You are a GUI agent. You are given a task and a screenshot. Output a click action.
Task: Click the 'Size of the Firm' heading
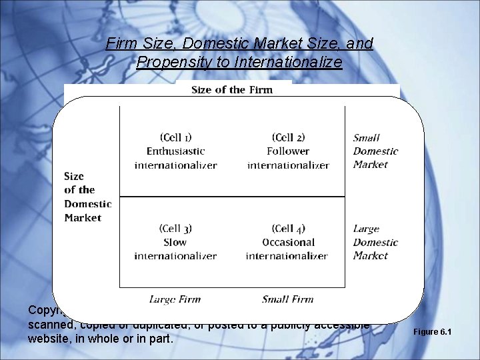(231, 90)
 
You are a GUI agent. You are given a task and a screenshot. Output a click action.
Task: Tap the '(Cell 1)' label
(175, 137)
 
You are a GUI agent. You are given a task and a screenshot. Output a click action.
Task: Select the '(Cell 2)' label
(288, 137)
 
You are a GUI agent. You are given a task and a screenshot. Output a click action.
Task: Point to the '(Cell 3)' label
(175, 229)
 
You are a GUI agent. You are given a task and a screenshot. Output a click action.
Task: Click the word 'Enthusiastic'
(175, 151)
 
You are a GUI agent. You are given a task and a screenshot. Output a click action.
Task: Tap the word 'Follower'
(288, 151)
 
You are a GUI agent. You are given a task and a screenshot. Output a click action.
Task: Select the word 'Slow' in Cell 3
(175, 242)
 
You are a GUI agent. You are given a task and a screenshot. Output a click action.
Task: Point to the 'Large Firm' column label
(175, 299)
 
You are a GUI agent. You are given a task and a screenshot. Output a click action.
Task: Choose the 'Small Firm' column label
(287, 299)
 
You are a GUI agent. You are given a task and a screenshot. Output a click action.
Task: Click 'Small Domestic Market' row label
(375, 151)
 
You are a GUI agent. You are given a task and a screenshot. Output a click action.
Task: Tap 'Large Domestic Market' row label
(375, 242)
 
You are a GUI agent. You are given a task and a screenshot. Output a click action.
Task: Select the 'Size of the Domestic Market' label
(87, 197)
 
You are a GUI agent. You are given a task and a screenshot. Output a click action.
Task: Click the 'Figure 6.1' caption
(433, 332)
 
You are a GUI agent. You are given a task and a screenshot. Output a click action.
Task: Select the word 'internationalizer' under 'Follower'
(288, 165)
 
